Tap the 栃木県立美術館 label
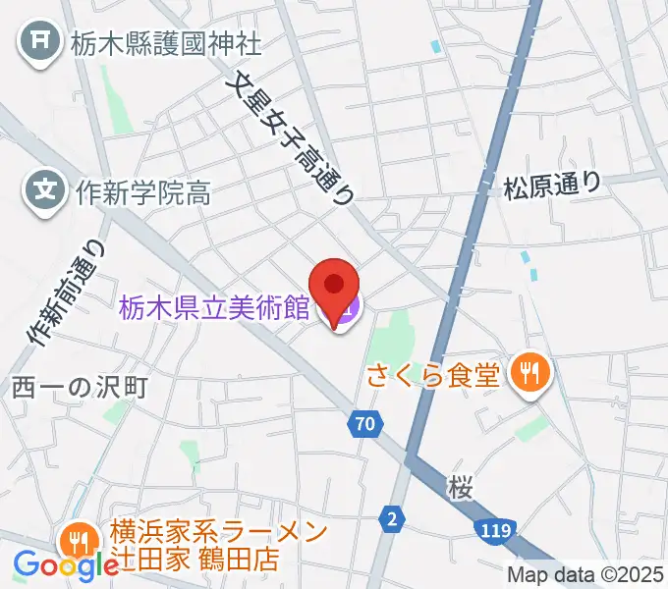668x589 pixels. point(214,309)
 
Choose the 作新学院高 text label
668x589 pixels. point(142,191)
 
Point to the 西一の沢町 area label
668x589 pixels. point(81,386)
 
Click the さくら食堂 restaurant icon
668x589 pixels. point(530,373)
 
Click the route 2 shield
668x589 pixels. point(393,517)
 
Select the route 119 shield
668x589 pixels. point(495,531)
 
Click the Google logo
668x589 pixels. point(65,564)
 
